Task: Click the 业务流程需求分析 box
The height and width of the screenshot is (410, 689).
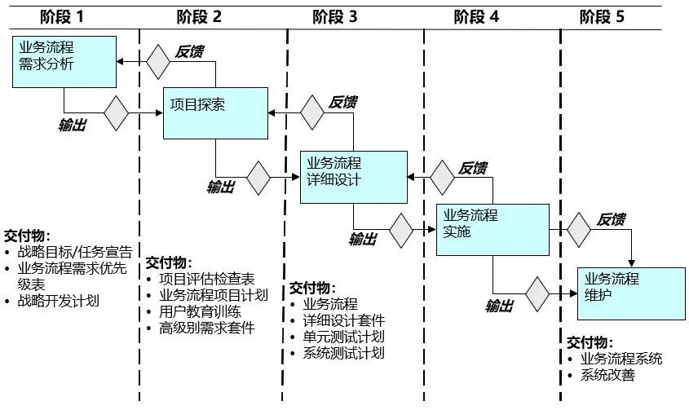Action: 64,61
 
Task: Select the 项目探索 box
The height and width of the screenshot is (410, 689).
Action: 216,112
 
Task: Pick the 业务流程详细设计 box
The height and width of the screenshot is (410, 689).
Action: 353,177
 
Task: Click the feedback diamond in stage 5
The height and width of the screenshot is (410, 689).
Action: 580,230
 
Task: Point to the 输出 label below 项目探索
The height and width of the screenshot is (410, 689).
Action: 221,187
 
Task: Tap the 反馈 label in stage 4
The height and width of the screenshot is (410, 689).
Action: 472,169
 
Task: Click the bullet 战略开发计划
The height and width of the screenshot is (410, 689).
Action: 58,301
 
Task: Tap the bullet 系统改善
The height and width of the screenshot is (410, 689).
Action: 607,375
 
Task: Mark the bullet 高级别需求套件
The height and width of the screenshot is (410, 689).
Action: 206,328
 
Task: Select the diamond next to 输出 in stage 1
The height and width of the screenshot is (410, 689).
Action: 116,113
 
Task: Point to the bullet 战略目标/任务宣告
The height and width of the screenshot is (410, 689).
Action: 74,252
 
